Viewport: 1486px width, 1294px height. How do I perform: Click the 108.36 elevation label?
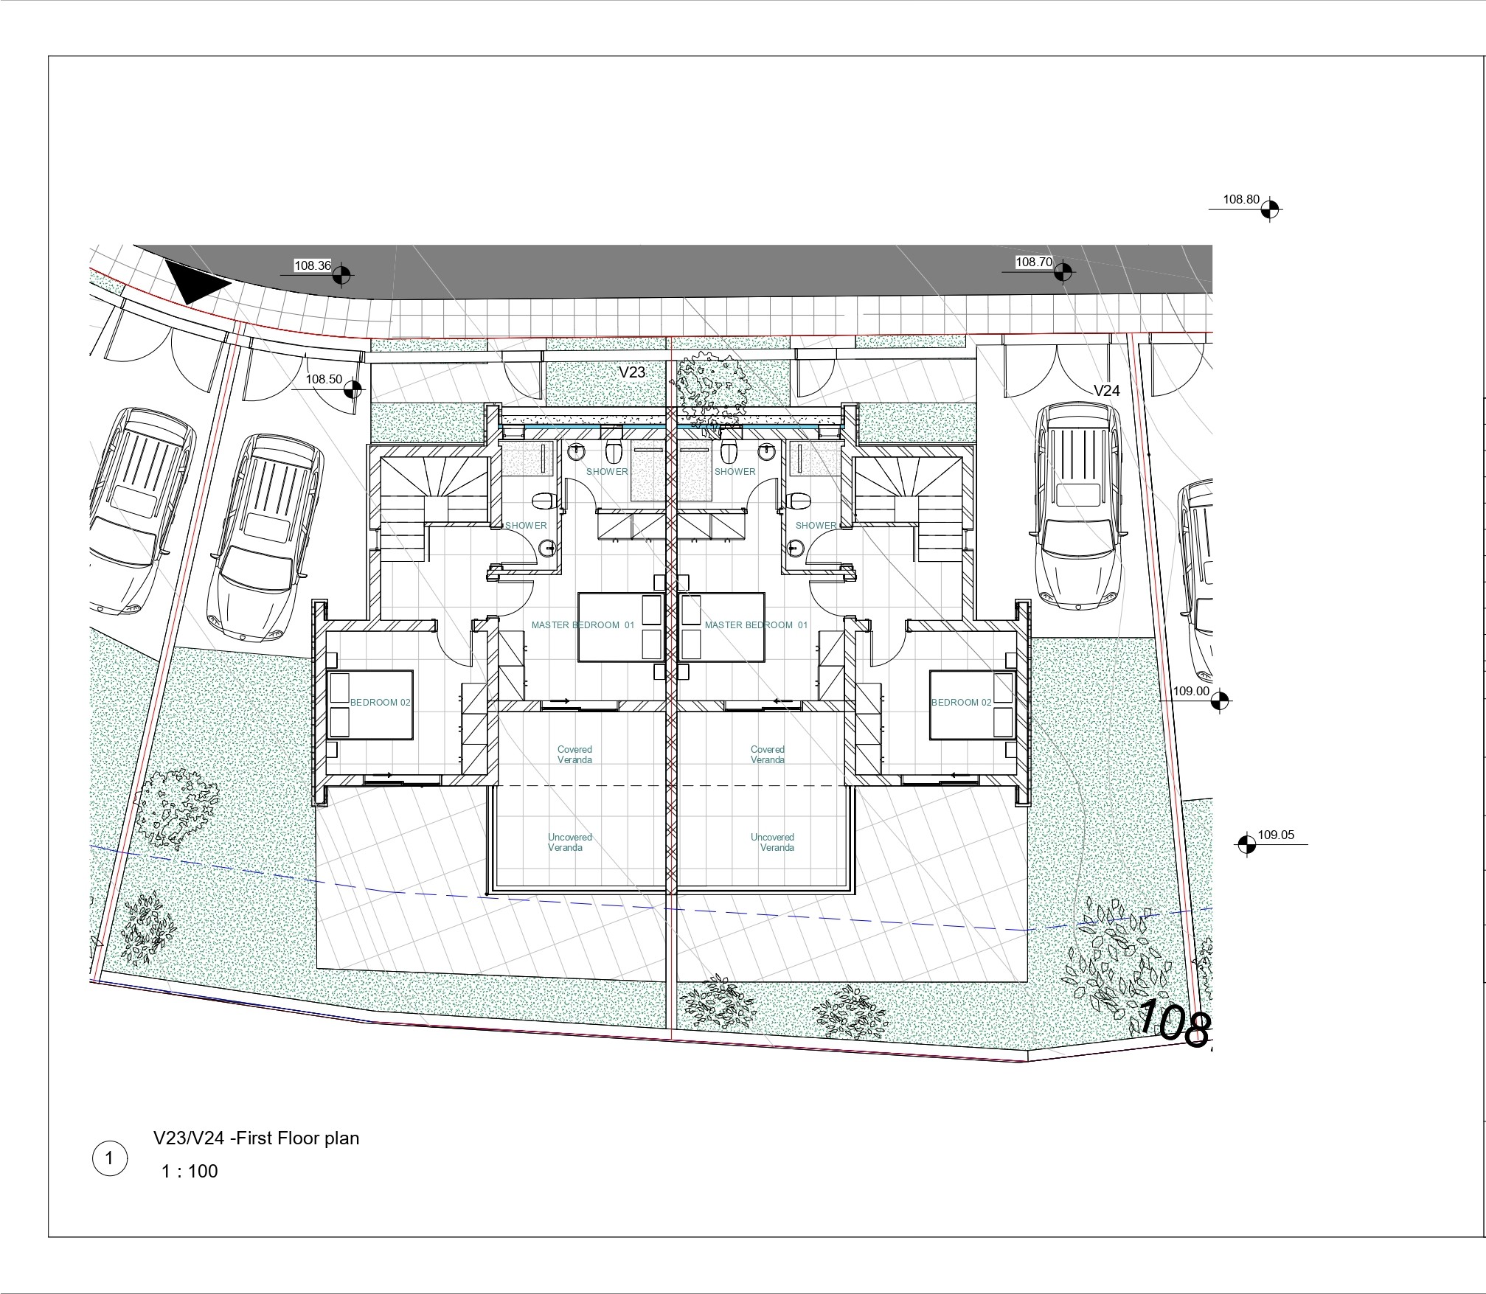(x=313, y=265)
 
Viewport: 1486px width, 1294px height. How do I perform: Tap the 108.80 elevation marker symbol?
(x=1269, y=209)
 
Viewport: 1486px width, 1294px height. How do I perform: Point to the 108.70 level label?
(x=1034, y=262)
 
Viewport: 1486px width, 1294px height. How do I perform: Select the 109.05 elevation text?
(x=1276, y=835)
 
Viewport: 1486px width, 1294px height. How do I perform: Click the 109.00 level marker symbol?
(x=1221, y=700)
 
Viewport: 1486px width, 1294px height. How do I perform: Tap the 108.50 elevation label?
(x=324, y=379)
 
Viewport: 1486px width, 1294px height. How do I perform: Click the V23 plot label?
(x=632, y=372)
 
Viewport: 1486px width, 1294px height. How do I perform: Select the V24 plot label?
(x=1106, y=391)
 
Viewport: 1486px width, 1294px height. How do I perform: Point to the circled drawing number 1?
(x=109, y=1158)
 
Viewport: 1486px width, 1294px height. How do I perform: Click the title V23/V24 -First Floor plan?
(x=256, y=1138)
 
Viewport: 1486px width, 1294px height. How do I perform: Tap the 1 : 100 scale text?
(x=190, y=1171)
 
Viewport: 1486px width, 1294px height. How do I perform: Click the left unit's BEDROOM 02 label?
(x=380, y=703)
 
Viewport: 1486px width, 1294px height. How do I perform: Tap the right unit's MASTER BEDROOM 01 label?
(x=756, y=625)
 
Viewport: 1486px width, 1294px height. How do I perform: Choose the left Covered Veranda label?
(x=574, y=754)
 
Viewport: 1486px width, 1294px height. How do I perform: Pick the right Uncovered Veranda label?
(x=773, y=842)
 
